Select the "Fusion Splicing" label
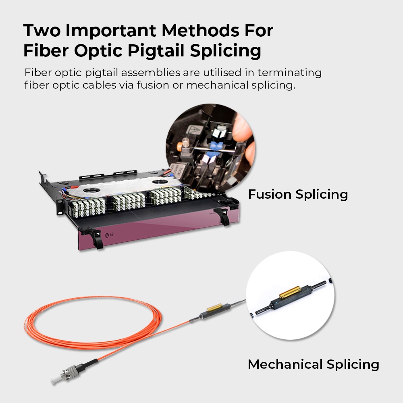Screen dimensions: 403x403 298,194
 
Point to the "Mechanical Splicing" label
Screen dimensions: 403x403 313,364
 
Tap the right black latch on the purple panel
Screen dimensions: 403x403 221,215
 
